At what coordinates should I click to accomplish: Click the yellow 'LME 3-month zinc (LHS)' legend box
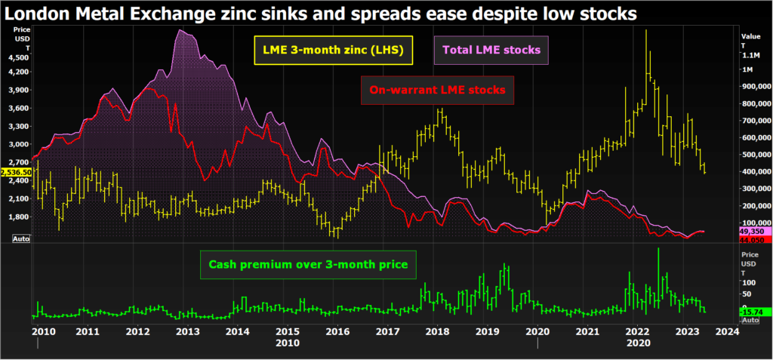[332, 51]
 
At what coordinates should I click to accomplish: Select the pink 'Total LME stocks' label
[491, 51]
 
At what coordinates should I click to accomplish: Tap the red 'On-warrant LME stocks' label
[437, 91]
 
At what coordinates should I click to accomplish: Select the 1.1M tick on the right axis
[751, 55]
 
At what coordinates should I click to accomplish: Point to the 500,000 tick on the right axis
[755, 155]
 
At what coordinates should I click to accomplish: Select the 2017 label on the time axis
[387, 331]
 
